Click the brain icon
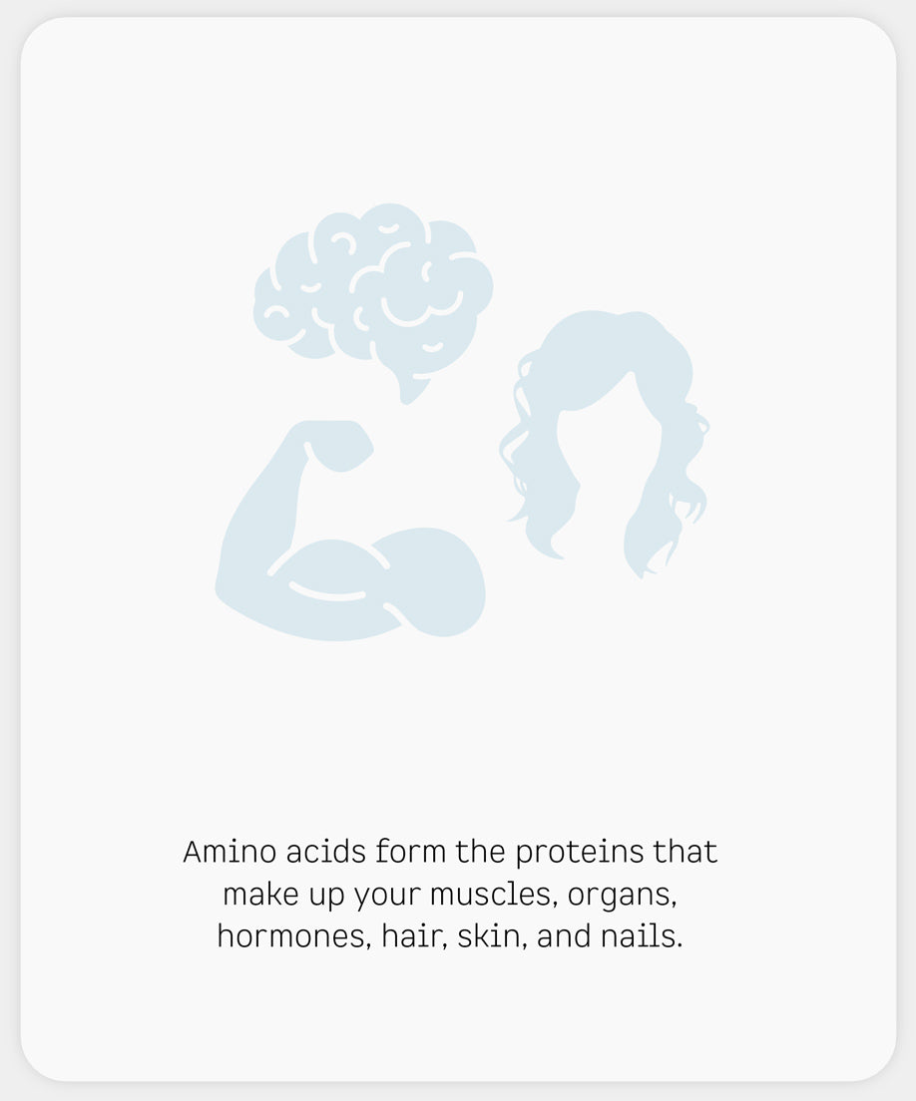click(x=372, y=295)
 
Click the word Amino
click(x=229, y=852)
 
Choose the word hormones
click(x=294, y=936)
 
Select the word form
click(x=411, y=852)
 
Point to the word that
click(x=686, y=852)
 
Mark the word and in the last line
click(x=564, y=936)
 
